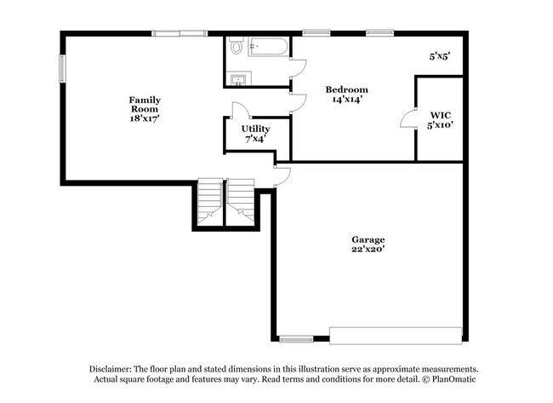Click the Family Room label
145,104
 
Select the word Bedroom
347,89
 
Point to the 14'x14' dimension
347,99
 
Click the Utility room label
255,129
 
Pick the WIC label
440,113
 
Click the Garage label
368,239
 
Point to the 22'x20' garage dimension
368,250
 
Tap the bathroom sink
238,80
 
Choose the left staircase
209,202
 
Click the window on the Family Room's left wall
61,69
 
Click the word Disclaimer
113,368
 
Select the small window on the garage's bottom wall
295,339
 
